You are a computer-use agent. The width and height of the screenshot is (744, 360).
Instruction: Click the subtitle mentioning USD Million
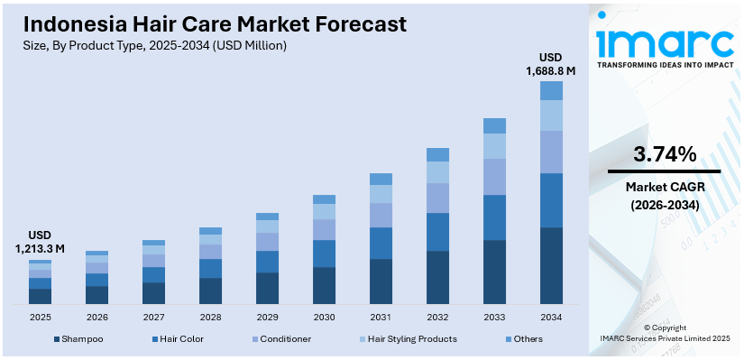coord(154,45)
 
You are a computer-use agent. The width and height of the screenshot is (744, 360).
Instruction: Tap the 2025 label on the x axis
coord(41,317)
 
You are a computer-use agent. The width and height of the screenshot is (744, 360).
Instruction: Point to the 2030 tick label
coord(324,317)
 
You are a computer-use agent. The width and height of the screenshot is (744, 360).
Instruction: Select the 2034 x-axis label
coord(551,317)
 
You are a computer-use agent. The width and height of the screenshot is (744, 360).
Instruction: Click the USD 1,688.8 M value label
coord(551,62)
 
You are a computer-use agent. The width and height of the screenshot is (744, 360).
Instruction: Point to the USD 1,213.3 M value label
coord(40,241)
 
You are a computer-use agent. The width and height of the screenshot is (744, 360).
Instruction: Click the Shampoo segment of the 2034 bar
coord(551,265)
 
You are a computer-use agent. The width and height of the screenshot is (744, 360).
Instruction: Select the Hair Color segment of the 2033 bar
coord(494,217)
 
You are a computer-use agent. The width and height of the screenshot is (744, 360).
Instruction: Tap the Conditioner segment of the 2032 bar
coord(437,198)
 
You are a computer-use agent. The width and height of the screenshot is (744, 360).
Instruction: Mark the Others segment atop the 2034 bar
coord(551,90)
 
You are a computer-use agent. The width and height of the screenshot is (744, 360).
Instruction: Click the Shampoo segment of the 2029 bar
coord(267,288)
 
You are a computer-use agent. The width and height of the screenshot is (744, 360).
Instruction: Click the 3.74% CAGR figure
coord(664,154)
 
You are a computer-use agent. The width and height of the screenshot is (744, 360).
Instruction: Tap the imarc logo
coord(665,43)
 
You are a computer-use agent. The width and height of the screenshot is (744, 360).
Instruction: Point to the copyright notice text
coord(664,333)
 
